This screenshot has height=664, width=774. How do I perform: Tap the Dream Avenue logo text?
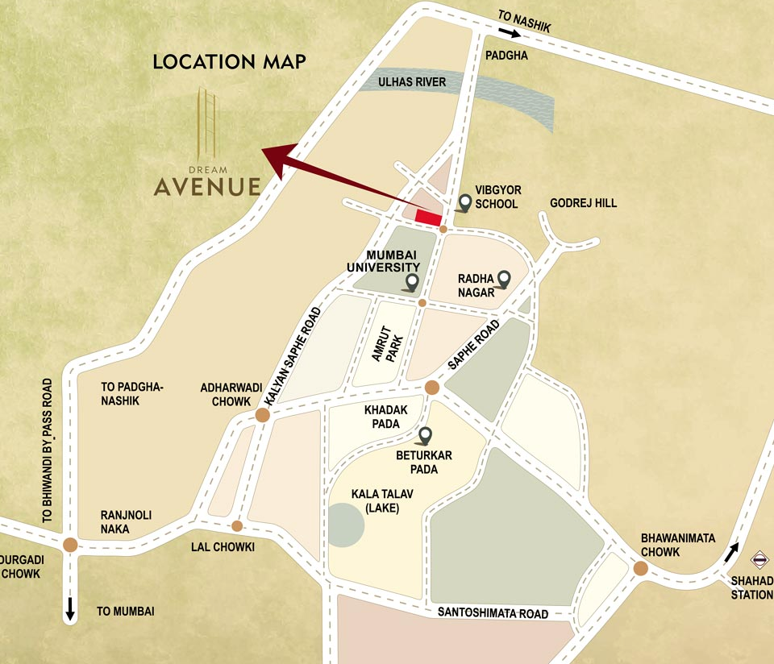pos(207,186)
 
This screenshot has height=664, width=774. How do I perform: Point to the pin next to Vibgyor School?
pos(464,202)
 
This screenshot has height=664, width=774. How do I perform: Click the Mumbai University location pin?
pos(412,282)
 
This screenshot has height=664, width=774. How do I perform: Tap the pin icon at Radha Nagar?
pos(504,279)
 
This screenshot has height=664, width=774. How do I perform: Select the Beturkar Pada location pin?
pos(425,436)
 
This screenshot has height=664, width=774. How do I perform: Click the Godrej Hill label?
pos(583,203)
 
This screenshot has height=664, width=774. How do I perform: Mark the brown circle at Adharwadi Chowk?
pos(262,415)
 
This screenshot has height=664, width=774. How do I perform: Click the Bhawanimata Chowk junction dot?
pos(640,569)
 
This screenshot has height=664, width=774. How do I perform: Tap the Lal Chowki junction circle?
pos(237,526)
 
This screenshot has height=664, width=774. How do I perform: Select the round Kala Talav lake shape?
pos(346,525)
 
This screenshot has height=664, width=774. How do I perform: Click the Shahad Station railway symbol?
pos(759,558)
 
